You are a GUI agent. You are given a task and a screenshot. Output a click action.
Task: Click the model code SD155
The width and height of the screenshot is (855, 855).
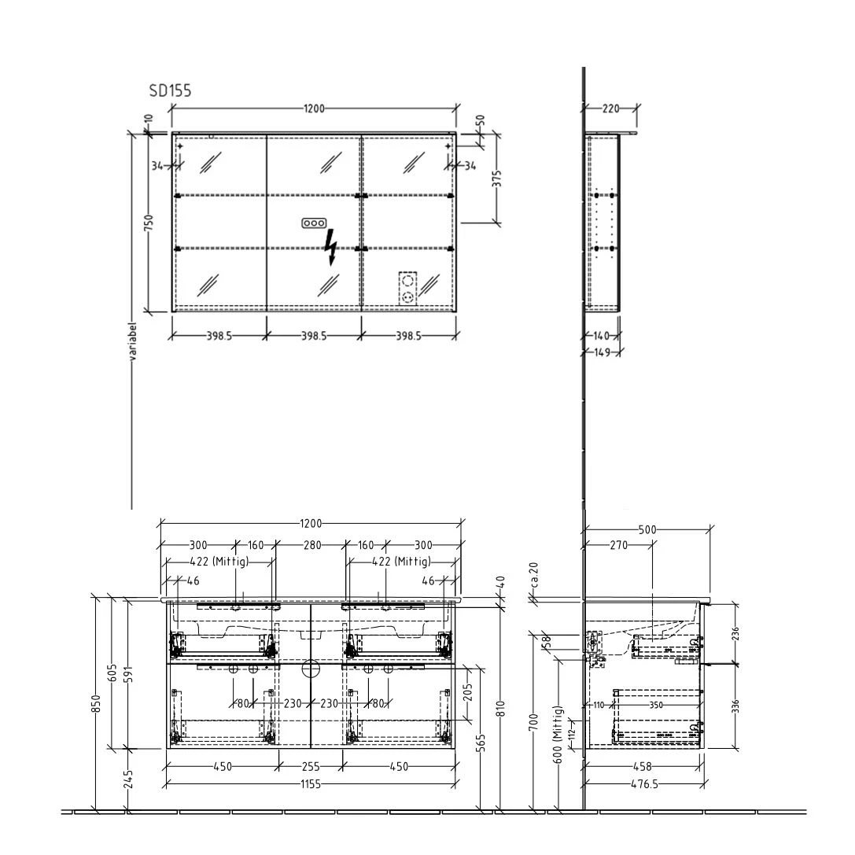click(x=171, y=90)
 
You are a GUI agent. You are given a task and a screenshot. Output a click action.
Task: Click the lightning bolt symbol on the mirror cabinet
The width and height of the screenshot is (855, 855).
click(x=330, y=246)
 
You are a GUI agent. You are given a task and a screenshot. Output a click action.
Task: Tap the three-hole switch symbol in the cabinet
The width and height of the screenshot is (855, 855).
click(x=314, y=223)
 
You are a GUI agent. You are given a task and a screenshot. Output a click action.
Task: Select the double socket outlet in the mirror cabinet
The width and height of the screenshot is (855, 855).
click(x=407, y=287)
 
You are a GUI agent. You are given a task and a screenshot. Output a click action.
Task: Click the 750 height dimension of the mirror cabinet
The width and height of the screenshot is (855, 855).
click(x=149, y=222)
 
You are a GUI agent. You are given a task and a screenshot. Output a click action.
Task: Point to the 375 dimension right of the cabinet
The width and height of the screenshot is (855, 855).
click(x=496, y=178)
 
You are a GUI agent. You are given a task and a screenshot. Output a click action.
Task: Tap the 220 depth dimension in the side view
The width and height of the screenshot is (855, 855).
click(x=610, y=109)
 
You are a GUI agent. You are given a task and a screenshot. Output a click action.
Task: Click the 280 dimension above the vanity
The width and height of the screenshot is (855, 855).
click(x=312, y=545)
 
